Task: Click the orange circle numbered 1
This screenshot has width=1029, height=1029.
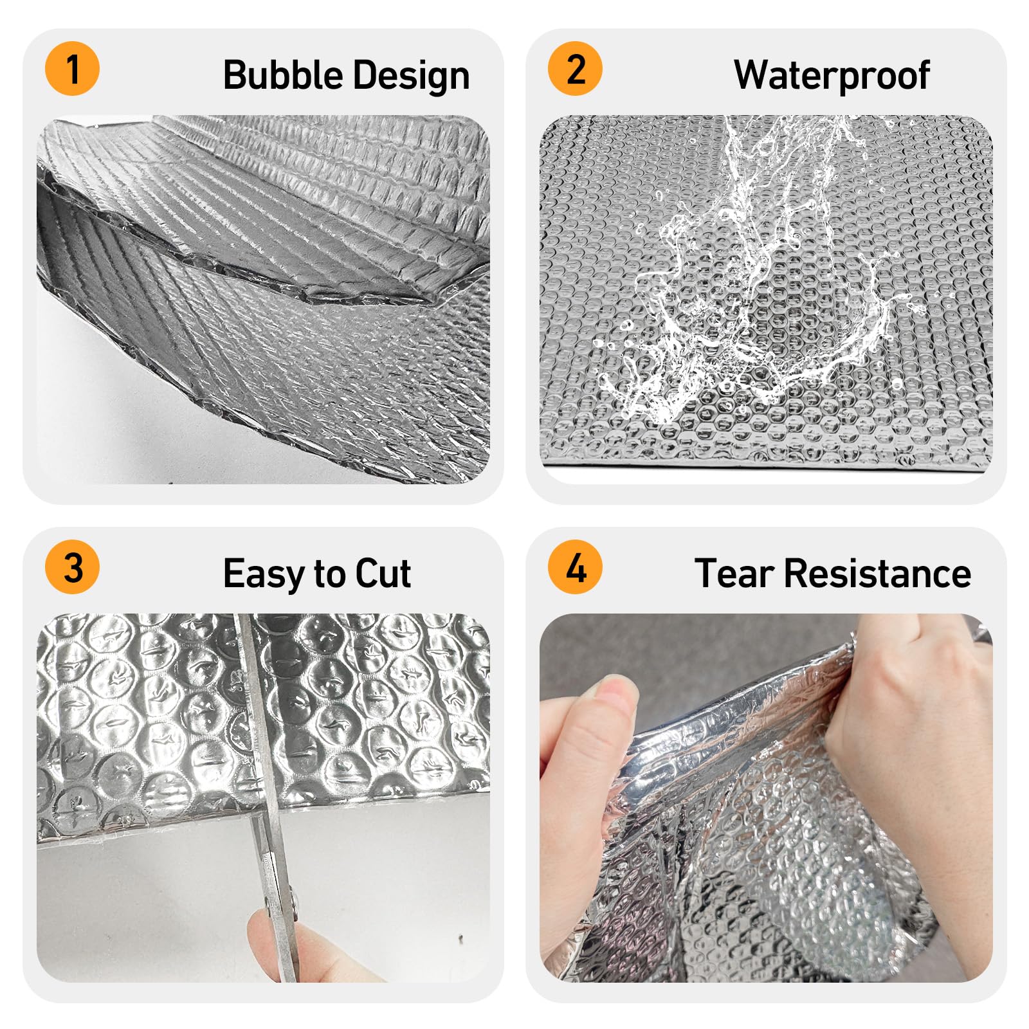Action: click(x=72, y=69)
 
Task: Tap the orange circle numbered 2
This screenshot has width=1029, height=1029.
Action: click(x=575, y=69)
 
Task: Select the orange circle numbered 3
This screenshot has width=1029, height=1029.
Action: click(x=72, y=567)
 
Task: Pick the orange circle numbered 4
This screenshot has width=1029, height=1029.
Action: click(x=575, y=567)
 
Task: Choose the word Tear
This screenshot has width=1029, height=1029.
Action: click(x=734, y=573)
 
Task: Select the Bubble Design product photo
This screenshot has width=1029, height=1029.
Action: click(x=263, y=300)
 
